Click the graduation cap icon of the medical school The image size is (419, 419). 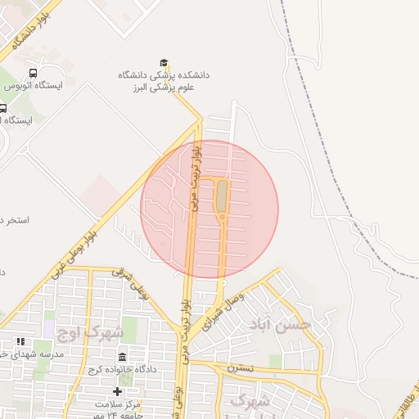click(164, 63)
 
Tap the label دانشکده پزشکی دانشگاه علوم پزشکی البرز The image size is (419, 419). click(164, 80)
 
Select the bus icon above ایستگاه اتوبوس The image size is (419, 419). click(33, 72)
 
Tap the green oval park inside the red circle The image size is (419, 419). click(221, 196)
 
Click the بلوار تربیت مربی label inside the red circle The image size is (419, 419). click(195, 180)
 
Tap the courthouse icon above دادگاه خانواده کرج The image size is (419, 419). click(122, 358)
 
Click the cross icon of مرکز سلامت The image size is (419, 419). click(117, 391)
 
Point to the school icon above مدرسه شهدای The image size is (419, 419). click(20, 341)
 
